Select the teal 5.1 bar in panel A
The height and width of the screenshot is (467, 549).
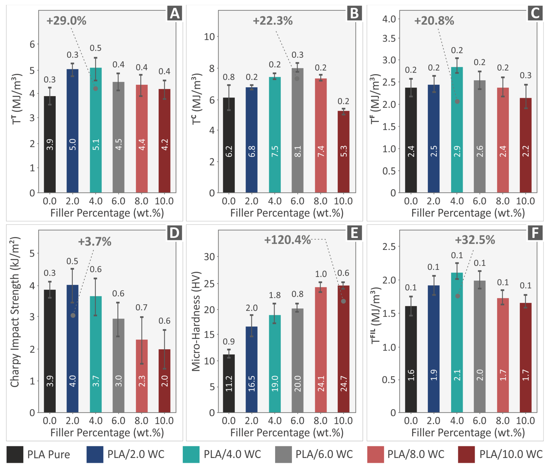tap(96, 130)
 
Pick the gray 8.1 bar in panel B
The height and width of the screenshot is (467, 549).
tap(298, 130)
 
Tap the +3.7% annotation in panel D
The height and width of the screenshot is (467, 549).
tap(95, 241)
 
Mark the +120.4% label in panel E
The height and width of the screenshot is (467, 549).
tap(287, 240)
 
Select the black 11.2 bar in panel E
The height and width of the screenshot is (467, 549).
tap(229, 383)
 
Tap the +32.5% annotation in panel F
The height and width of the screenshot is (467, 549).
tap(475, 240)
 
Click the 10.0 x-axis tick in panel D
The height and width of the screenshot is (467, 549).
tap(164, 421)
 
